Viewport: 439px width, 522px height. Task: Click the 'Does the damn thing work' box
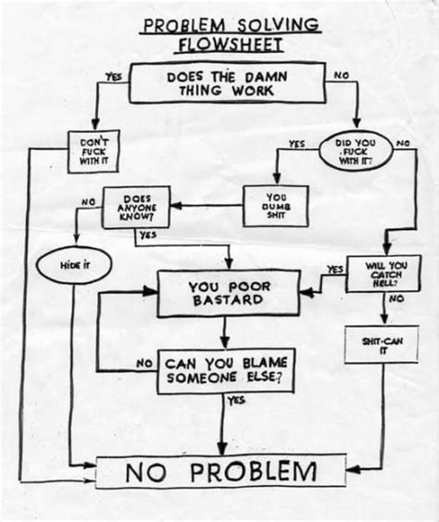pos(220,83)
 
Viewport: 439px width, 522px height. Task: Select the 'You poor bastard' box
pos(228,293)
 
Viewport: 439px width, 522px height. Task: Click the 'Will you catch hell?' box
pos(377,274)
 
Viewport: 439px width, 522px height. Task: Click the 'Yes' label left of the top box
pos(114,78)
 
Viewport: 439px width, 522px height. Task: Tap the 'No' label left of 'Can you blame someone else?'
pos(144,364)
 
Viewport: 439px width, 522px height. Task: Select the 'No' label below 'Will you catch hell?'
pos(396,299)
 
